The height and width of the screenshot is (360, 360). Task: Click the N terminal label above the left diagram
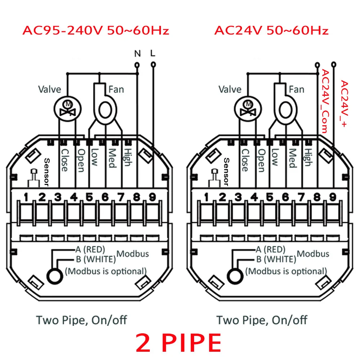[x=137, y=54]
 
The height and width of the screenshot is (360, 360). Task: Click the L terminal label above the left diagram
[x=153, y=53]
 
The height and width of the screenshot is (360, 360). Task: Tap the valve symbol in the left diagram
[x=68, y=109]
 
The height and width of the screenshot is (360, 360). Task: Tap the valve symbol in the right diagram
[x=248, y=109]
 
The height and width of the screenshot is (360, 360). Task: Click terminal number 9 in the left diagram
[x=152, y=197]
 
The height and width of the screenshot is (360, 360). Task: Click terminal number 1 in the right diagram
[x=206, y=197]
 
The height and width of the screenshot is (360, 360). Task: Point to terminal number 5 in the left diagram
[x=89, y=197]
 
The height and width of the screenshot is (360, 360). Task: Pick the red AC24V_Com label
[x=325, y=101]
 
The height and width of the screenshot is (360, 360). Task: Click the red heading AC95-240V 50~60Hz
[x=96, y=30]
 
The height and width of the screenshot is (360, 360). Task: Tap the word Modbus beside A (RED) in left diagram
[x=133, y=254]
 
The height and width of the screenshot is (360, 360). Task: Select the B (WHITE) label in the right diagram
[x=276, y=259]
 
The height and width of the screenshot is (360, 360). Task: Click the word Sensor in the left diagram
[x=46, y=172]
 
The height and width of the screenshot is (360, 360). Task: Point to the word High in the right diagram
[x=308, y=157]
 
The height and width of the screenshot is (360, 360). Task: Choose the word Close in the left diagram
[x=64, y=160]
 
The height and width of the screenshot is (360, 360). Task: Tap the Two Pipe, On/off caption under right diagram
[x=262, y=320]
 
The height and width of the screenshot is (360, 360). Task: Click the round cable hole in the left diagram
[x=55, y=276]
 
